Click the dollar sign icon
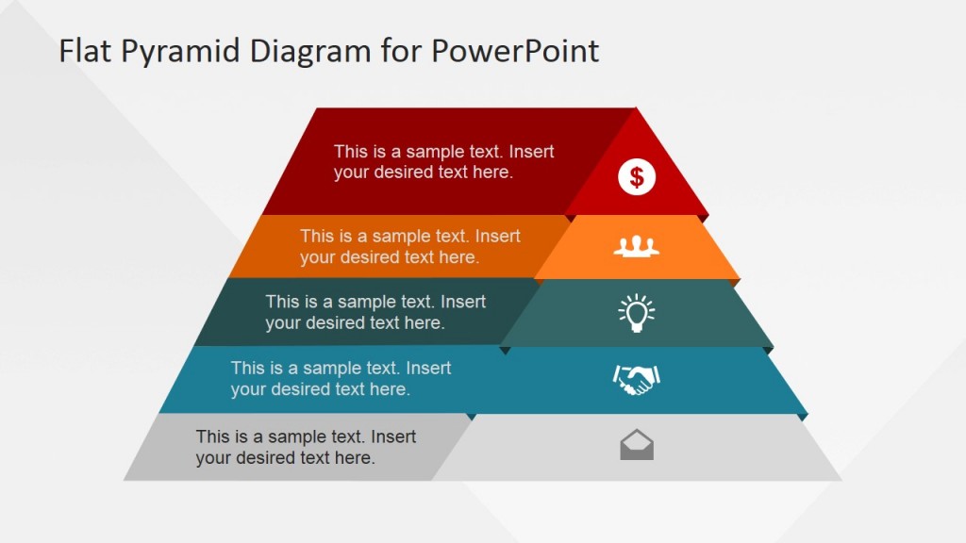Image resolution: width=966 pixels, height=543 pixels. [637, 176]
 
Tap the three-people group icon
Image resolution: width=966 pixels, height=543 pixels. [637, 247]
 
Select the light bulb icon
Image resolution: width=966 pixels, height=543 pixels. [637, 313]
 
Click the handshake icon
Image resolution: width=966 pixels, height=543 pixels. [637, 380]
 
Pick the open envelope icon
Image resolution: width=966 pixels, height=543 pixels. [637, 444]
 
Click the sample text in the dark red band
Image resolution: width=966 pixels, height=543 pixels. [443, 162]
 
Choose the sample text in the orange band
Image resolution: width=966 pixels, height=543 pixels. [409, 247]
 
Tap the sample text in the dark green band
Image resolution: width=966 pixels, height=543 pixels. [375, 313]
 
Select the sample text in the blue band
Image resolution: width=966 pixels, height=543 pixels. [341, 379]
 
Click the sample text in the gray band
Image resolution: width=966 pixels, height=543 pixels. [306, 447]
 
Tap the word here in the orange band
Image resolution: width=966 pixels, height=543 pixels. [458, 257]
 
